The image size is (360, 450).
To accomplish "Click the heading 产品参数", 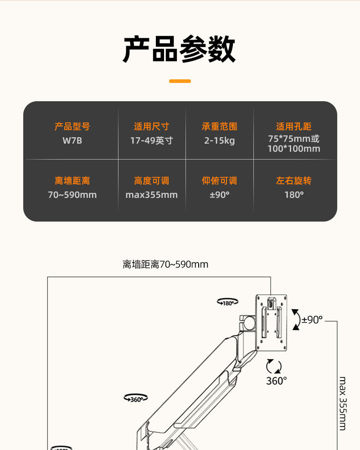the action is [180, 50].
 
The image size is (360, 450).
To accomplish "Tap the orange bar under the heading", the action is [180, 81].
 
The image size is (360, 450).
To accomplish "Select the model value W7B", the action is [72, 141].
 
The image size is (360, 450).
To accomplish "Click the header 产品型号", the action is [72, 127].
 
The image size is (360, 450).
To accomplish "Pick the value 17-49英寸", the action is [152, 141].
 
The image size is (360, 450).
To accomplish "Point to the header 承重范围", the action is [219, 127].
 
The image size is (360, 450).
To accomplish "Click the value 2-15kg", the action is [219, 141].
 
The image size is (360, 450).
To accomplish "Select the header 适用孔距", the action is [294, 127].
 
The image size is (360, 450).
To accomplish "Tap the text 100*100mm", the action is [294, 149].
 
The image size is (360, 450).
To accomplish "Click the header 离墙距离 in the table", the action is [72, 181].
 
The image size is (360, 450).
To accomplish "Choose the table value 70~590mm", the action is [72, 195].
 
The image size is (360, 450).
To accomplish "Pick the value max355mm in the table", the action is [152, 195].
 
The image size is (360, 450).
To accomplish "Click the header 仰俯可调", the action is [219, 181].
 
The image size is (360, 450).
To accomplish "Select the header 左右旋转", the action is [294, 181].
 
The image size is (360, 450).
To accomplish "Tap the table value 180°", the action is [294, 195].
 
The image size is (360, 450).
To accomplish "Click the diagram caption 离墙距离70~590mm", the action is [165, 264].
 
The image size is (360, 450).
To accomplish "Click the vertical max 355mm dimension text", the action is [343, 403].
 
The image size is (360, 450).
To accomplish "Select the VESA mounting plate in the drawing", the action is [272, 322].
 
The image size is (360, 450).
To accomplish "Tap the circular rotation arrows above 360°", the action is [274, 367].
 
